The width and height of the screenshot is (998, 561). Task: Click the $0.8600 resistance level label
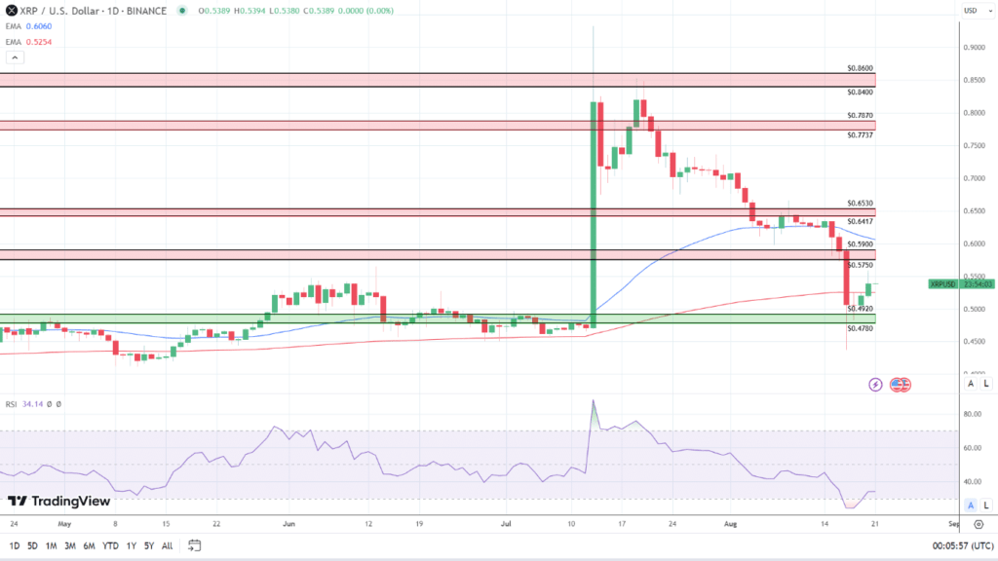point(860,69)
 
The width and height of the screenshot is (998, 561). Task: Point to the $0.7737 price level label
point(860,134)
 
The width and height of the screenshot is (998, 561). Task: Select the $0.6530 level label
point(860,204)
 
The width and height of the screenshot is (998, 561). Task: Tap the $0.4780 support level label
point(860,329)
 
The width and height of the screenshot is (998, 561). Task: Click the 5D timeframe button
point(33,545)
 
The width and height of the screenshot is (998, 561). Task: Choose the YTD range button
point(109,545)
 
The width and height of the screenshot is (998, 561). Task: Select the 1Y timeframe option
point(131,545)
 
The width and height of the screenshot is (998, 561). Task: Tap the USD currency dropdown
point(971,11)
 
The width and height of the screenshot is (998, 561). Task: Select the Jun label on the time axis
point(288,523)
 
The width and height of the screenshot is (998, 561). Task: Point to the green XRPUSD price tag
point(942,284)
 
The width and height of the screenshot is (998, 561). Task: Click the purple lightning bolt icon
point(875,385)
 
